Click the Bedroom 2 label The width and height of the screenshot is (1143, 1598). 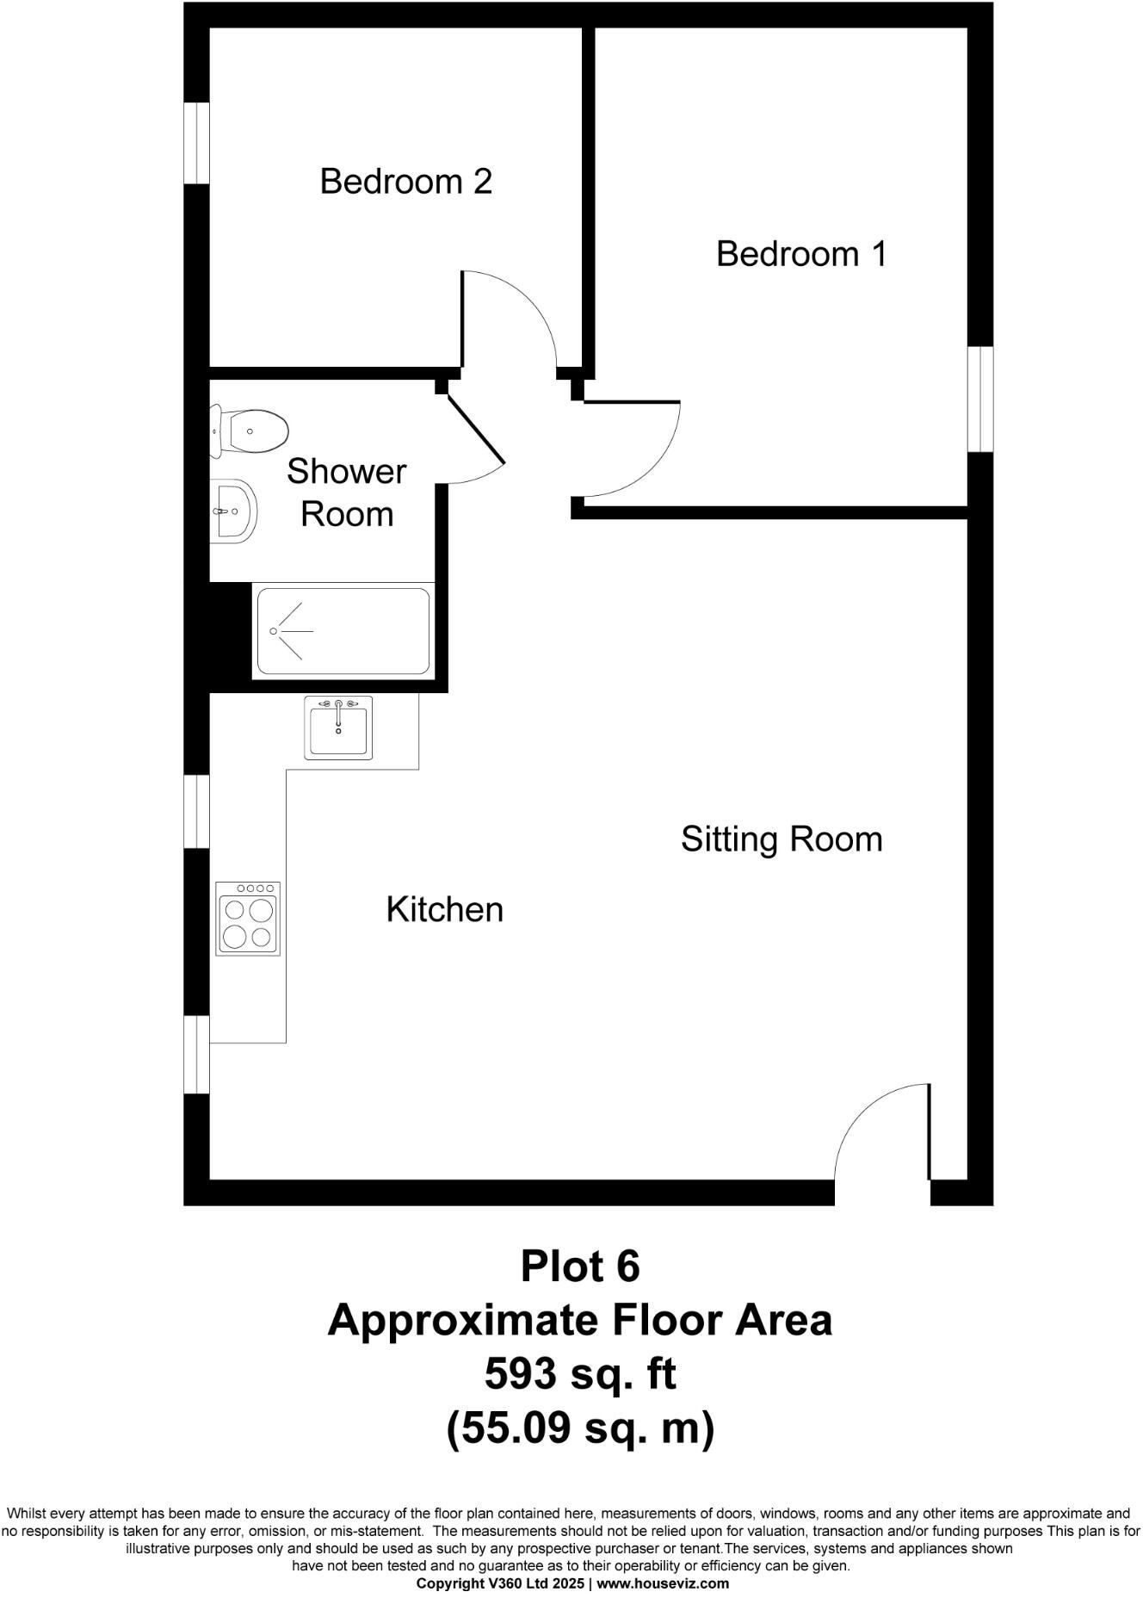tap(405, 182)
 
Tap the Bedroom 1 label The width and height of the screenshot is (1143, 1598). tap(800, 254)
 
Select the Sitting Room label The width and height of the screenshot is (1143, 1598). tap(781, 839)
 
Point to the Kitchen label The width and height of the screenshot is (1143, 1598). tap(444, 909)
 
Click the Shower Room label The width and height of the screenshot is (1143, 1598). tap(346, 492)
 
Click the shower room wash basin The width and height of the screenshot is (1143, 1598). tap(234, 511)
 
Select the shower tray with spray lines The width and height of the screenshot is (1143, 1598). tap(343, 631)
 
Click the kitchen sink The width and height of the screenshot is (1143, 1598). tap(338, 728)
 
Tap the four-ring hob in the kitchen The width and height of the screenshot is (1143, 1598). tap(249, 918)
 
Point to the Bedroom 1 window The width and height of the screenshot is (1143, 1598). tap(979, 399)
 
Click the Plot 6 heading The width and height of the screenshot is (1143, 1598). tap(579, 1266)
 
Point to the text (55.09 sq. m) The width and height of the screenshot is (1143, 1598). tap(579, 1428)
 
